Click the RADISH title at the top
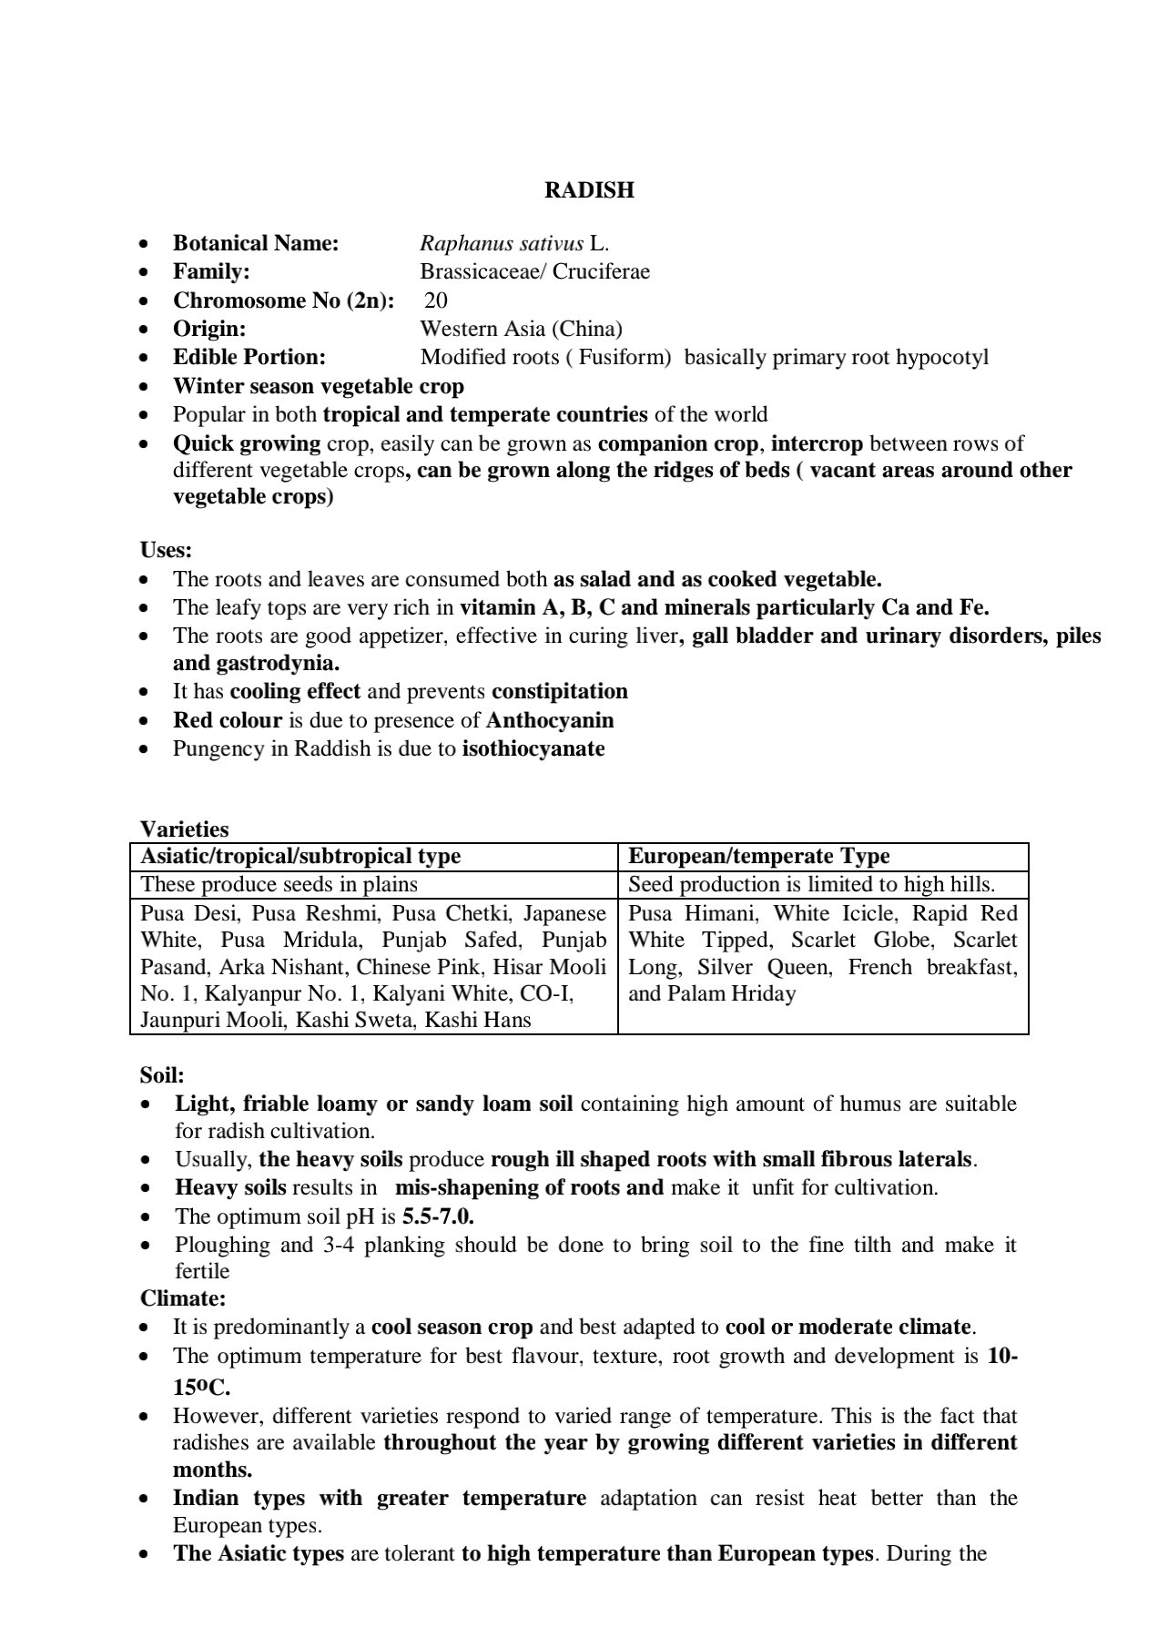pyautogui.click(x=589, y=190)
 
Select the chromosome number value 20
pyautogui.click(x=436, y=300)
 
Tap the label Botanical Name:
pyautogui.click(x=256, y=243)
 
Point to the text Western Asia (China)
pyautogui.click(x=521, y=329)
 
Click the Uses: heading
pyautogui.click(x=166, y=550)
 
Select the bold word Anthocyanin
pyautogui.click(x=550, y=720)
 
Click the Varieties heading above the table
pyautogui.click(x=184, y=829)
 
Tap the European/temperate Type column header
pyautogui.click(x=759, y=856)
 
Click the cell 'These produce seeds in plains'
pyautogui.click(x=279, y=884)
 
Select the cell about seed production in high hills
pyautogui.click(x=811, y=884)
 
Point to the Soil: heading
pyautogui.click(x=162, y=1075)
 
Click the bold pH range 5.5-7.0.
pyautogui.click(x=438, y=1216)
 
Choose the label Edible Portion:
pyautogui.click(x=249, y=357)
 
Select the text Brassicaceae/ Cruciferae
pyautogui.click(x=534, y=271)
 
